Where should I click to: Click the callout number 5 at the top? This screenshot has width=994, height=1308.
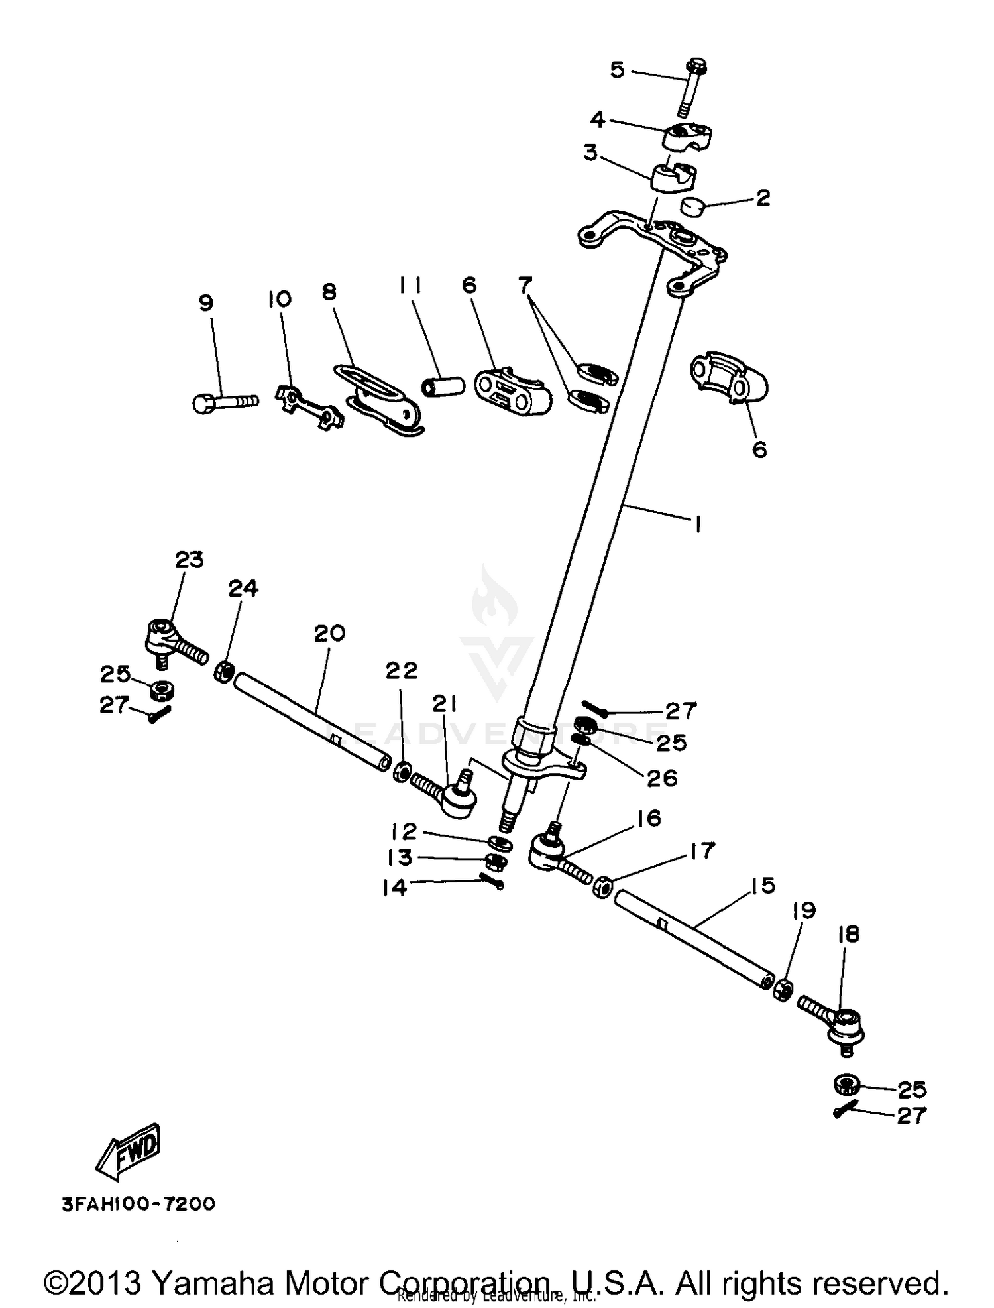pos(617,69)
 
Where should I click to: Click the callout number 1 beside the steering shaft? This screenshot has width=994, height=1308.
pos(696,524)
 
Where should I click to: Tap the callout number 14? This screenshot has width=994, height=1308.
pos(394,886)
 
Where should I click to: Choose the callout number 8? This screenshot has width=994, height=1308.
pos(329,292)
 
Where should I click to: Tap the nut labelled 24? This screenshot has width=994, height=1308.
pos(223,673)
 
